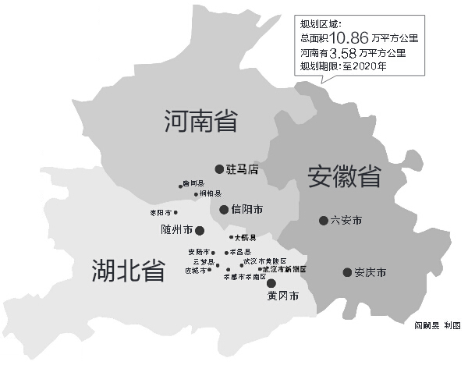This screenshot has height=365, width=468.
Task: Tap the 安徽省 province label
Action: pos(344,175)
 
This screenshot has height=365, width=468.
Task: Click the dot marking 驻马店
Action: pos(219,168)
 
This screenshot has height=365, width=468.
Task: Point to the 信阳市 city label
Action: pos(247,210)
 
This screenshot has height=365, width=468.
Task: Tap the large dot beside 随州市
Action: pos(200,230)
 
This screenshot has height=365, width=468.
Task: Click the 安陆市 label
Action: pos(200,252)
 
